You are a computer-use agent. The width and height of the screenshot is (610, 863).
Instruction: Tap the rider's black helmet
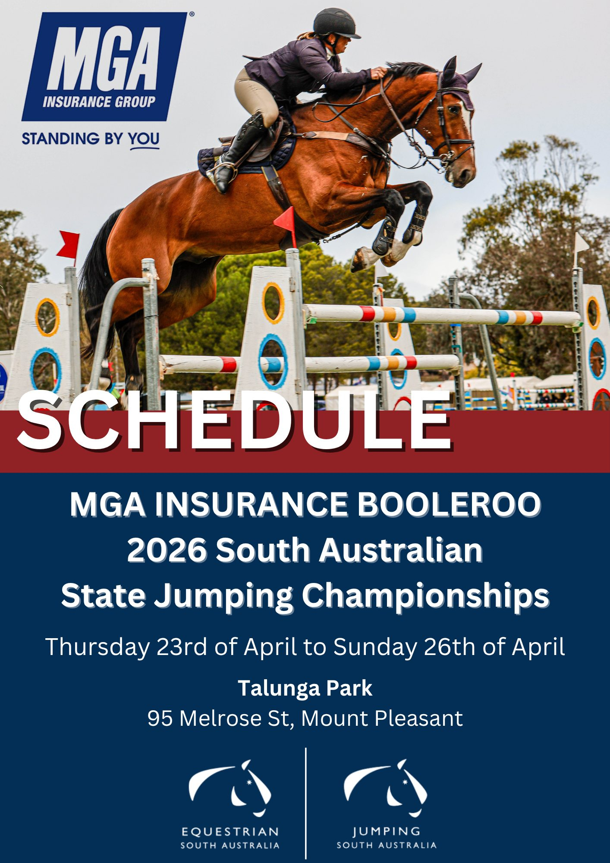click(336, 23)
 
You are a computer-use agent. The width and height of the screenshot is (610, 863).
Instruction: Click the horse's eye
click(454, 109)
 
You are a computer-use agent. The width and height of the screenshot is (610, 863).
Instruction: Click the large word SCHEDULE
click(234, 420)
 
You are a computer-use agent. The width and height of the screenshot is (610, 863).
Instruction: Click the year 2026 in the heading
click(167, 550)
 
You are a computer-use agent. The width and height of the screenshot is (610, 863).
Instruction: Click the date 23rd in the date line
click(182, 647)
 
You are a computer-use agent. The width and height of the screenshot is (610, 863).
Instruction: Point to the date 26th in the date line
click(450, 647)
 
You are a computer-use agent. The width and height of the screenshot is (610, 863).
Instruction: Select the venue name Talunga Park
click(305, 688)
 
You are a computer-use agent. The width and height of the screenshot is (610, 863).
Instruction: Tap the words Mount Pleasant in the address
click(382, 718)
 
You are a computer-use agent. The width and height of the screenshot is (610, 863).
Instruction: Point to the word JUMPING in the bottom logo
click(386, 831)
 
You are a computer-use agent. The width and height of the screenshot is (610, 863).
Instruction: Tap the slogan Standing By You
click(91, 139)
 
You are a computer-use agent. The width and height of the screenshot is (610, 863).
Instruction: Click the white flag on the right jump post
click(581, 244)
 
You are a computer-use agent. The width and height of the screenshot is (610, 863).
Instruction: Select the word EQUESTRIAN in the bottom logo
click(230, 832)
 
